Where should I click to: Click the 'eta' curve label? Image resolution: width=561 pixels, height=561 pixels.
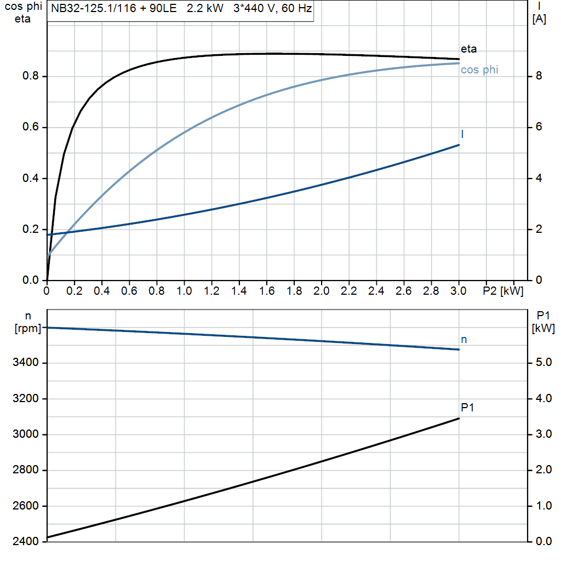[468, 49]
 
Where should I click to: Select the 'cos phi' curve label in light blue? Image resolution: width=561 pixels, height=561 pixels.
[479, 70]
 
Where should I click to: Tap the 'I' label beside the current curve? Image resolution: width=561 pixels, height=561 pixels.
[463, 134]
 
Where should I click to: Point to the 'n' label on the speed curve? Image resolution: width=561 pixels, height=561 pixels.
[463, 340]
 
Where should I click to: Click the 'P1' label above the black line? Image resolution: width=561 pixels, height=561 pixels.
[467, 408]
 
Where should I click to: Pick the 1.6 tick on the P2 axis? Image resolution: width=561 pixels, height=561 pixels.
[267, 290]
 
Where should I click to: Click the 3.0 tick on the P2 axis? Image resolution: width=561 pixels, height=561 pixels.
[459, 290]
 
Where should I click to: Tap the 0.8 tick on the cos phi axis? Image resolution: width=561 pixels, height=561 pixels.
[30, 77]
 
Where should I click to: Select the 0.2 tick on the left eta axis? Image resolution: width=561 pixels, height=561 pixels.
[30, 230]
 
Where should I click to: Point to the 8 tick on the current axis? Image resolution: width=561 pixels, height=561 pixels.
[539, 77]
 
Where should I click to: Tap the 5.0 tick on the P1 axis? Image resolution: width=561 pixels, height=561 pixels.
[542, 363]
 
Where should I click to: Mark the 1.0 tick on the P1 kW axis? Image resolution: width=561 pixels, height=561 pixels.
[542, 506]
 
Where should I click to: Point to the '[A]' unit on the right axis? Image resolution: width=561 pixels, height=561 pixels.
[539, 19]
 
